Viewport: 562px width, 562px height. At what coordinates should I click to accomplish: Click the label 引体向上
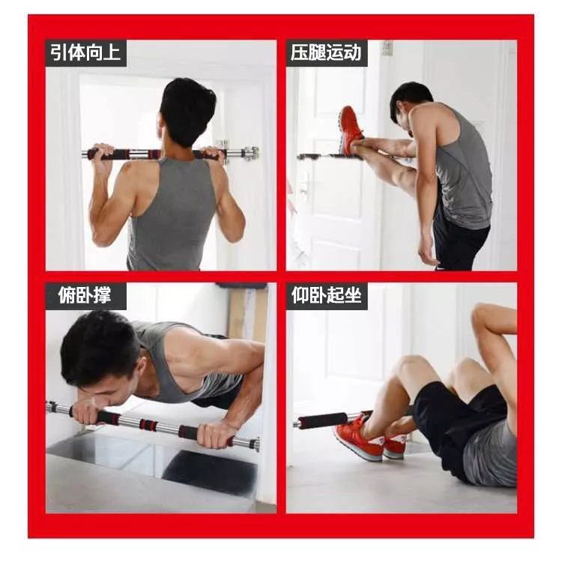(85, 52)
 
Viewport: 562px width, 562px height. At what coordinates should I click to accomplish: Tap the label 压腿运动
(326, 52)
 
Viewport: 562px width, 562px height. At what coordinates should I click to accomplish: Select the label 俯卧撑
(85, 295)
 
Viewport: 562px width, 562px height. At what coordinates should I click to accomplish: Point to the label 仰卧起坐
(326, 295)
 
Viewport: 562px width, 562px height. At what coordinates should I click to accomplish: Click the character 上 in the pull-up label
(112, 52)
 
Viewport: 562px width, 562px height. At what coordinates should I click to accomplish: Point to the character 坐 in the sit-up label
(353, 295)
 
